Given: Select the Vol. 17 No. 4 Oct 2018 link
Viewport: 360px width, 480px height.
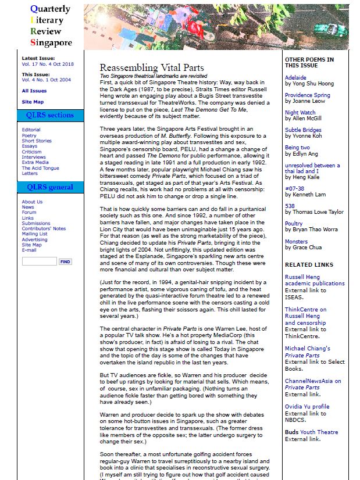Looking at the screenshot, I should click(48, 64).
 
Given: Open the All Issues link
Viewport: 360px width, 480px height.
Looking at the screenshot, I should click(34, 91).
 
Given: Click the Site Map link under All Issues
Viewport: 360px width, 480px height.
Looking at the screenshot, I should click(32, 102).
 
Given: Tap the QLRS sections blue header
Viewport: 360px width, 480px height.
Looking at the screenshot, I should click(50, 115).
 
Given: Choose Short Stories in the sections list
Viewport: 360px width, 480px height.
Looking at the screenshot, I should click(37, 141).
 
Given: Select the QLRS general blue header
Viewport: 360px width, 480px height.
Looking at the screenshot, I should click(50, 187).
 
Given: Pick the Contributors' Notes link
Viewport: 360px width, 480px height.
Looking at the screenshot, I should click(44, 228).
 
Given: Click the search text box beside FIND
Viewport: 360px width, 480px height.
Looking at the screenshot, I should click(39, 262).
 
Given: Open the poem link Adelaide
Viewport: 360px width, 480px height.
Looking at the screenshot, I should click(295, 77).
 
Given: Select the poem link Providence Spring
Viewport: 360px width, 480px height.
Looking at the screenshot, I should click(307, 95).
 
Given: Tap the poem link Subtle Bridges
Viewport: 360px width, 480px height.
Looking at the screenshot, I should click(303, 130).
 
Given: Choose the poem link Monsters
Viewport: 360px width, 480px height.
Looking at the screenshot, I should click(297, 241).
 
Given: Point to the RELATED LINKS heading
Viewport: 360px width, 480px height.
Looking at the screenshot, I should click(309, 264).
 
